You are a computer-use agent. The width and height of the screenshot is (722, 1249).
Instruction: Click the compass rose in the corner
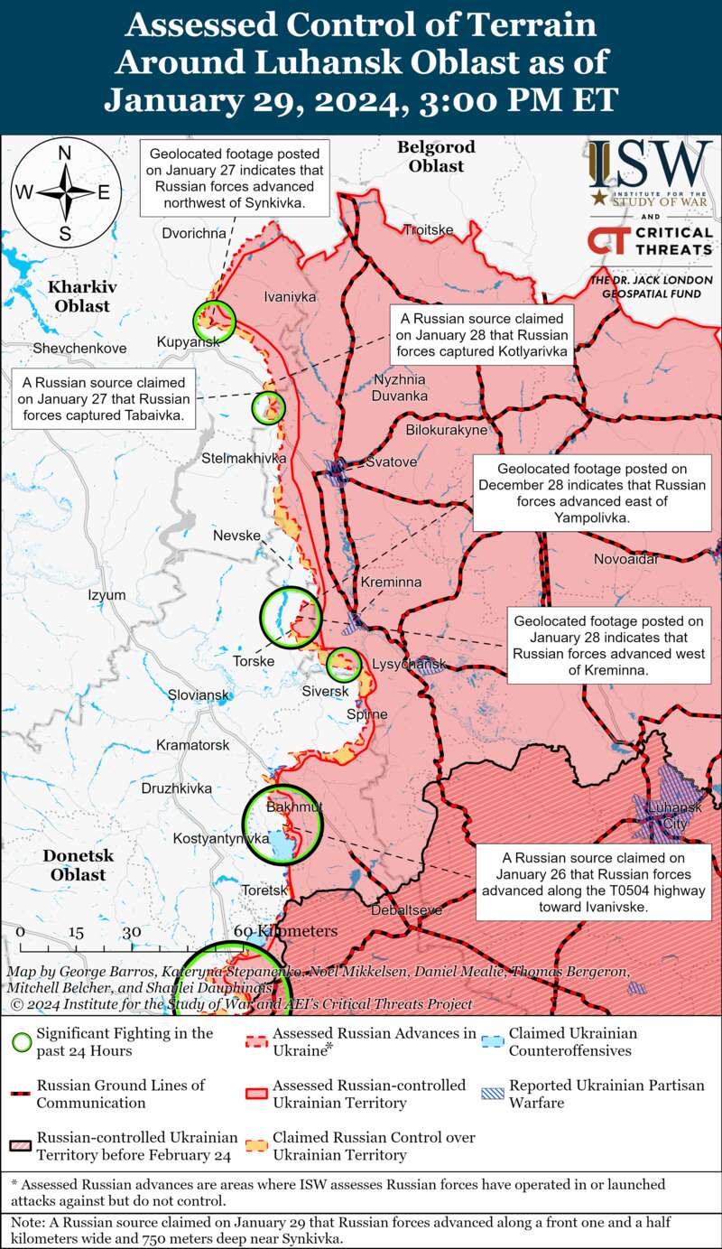65,192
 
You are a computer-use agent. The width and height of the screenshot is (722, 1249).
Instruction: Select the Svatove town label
391,462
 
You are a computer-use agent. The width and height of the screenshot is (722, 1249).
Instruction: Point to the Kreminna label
391,583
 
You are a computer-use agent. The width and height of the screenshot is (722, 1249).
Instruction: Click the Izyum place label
106,596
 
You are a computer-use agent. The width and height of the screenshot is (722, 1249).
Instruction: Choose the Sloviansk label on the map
199,695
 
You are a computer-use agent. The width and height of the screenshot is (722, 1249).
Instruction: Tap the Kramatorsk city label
192,745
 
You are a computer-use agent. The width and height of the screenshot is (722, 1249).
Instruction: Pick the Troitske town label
428,229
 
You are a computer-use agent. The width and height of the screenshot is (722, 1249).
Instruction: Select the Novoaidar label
626,560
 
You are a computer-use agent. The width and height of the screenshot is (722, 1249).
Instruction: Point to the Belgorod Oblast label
436,156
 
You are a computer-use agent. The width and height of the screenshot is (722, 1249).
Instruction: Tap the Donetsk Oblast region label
78,865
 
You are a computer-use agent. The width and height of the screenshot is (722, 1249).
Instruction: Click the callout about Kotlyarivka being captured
483,335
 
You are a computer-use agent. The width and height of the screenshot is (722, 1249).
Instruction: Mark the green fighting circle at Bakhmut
283,826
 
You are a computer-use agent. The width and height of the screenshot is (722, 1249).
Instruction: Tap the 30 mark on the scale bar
132,932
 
